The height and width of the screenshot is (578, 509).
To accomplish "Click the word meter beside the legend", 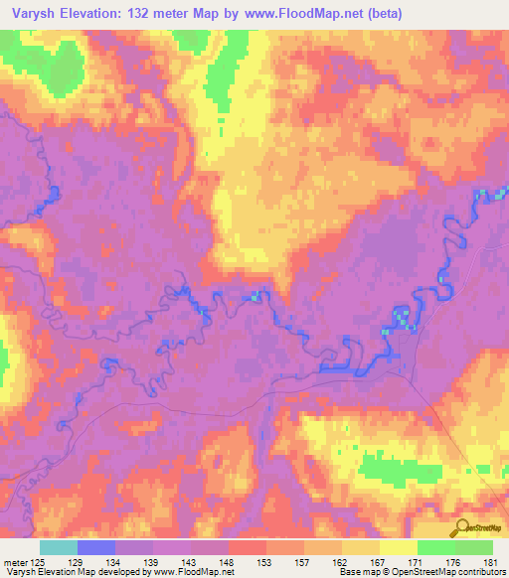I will pyautogui.click(x=14, y=561).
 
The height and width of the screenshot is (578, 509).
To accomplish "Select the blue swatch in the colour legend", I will pyautogui.click(x=95, y=547).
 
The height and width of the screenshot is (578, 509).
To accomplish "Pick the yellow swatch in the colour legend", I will pyautogui.click(x=398, y=547).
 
